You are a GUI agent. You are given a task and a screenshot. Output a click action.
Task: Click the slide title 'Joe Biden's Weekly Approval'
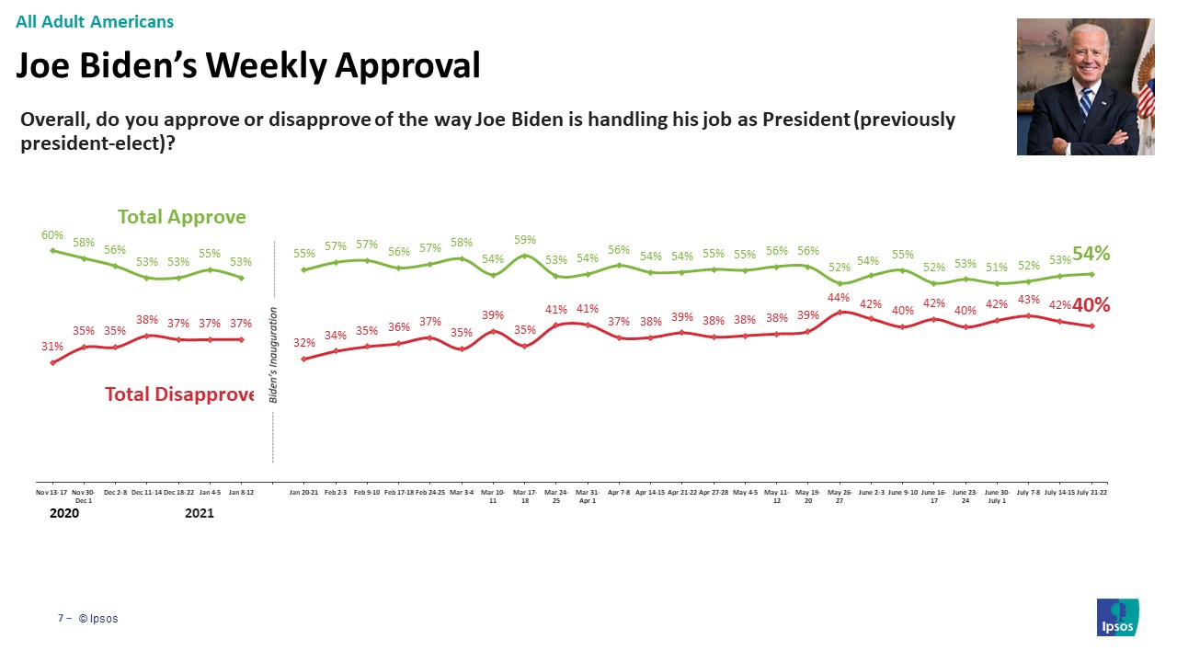248,65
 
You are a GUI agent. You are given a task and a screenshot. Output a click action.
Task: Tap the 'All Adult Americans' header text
95,21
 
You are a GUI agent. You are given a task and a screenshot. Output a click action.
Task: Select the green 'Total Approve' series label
182,217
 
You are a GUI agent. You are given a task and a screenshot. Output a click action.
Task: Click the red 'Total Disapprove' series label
179,394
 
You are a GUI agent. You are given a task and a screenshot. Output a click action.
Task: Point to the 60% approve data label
52,235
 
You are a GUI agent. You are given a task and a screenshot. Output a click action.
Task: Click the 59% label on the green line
525,240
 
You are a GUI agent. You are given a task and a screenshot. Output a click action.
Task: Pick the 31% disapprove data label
52,347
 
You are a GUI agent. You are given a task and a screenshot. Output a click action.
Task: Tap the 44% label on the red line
839,297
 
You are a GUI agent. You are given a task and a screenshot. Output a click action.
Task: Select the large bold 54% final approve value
1091,254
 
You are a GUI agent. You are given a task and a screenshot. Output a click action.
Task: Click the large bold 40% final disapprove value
1091,305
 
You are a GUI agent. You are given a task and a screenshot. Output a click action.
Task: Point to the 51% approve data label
996,268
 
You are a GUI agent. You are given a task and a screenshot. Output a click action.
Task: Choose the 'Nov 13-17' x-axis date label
52,493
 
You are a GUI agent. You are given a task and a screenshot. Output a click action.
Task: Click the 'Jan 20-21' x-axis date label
304,493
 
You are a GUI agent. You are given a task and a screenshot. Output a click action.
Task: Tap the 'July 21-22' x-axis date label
1091,493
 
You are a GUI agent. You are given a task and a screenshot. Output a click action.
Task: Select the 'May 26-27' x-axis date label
839,497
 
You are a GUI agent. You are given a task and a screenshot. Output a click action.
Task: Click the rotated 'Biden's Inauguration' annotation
273,353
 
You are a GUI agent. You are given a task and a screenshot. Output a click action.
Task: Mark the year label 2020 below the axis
64,513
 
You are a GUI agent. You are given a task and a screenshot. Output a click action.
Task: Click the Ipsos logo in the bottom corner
1117,617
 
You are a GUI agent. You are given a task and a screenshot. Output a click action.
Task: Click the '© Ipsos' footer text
98,619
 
